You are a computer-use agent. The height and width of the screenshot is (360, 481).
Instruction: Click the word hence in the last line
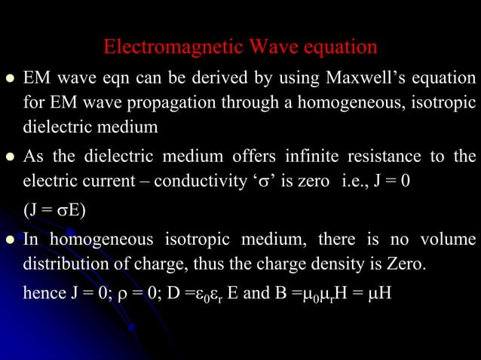pyautogui.click(x=43, y=291)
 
